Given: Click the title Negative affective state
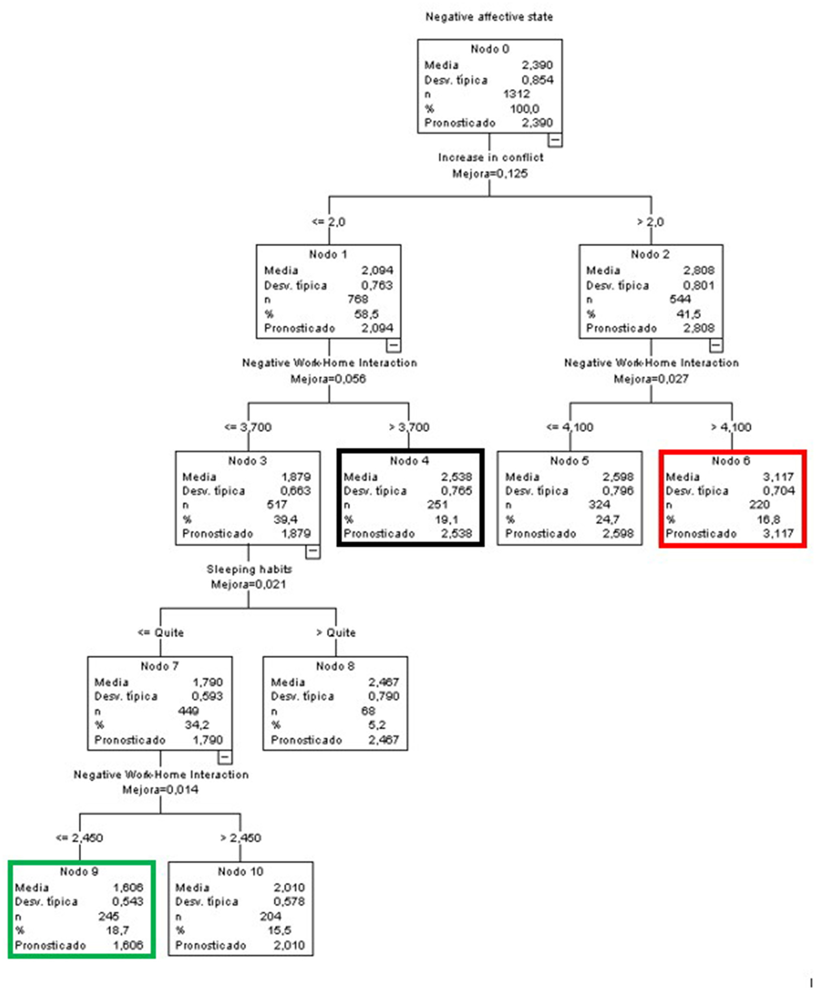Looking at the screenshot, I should tap(489, 17).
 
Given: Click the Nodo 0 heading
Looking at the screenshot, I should tap(489, 49).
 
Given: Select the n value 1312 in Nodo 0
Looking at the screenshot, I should tap(516, 94).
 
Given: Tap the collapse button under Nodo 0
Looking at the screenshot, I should tap(555, 140).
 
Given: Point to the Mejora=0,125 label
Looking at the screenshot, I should tap(490, 174).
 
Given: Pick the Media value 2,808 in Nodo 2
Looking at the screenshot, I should tap(699, 271).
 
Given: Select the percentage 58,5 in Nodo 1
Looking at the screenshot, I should tap(366, 314).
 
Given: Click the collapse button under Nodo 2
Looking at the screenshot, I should tap(715, 345).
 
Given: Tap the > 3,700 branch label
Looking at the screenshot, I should tap(408, 427).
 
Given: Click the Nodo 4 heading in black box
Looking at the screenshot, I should tap(409, 461).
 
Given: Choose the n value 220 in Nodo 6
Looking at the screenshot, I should tap(759, 505).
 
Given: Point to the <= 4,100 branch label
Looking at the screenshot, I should tap(569, 427).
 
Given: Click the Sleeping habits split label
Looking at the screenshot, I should tap(249, 569).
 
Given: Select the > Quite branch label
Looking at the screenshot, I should tap(336, 633).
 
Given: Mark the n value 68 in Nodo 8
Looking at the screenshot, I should tap(368, 711).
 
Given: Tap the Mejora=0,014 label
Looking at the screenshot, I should tap(160, 789).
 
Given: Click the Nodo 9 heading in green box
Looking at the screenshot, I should tap(79, 872).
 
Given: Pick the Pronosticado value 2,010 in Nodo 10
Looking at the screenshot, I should tap(289, 945).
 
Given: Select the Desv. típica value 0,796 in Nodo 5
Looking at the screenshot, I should tap(618, 491).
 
